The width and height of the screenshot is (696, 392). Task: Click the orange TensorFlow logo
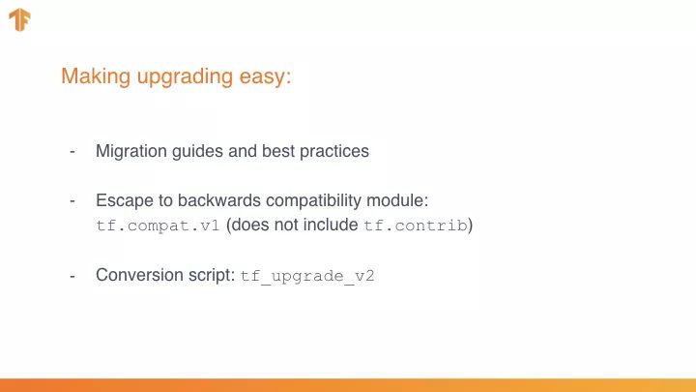(19, 20)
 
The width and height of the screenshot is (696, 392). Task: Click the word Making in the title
(96, 76)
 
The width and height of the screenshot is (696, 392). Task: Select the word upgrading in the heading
(185, 77)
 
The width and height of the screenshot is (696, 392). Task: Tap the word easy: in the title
(266, 77)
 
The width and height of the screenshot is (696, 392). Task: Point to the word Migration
(130, 152)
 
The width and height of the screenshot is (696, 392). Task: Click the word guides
(197, 152)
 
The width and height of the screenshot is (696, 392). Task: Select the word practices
(334, 152)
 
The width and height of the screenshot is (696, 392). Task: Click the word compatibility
(313, 201)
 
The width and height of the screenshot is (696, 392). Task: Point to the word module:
(397, 200)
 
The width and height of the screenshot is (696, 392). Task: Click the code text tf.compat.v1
(158, 226)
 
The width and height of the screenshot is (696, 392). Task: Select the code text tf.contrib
(416, 226)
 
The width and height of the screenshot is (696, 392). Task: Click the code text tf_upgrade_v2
(307, 276)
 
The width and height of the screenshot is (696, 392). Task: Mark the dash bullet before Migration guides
(72, 152)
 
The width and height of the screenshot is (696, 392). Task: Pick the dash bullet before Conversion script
(72, 276)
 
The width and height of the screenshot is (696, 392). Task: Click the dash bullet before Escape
(72, 201)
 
